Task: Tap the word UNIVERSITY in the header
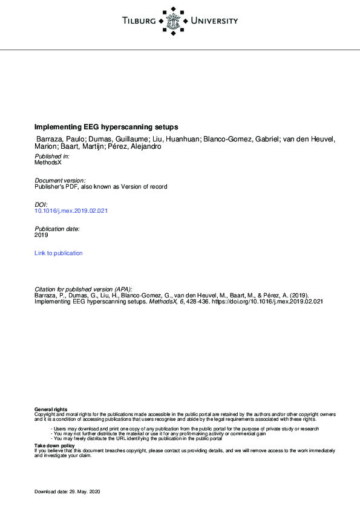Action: point(214,22)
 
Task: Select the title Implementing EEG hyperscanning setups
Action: point(106,128)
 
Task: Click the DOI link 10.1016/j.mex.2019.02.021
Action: point(71,211)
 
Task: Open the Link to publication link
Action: point(59,253)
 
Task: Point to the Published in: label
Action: point(52,156)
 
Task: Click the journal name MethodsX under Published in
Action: point(48,163)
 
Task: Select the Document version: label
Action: point(60,180)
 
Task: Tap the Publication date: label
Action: point(57,229)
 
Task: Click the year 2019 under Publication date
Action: point(41,235)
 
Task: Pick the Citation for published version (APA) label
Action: point(83,289)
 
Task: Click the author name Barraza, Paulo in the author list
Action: point(61,139)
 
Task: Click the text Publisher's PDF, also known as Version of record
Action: point(100,187)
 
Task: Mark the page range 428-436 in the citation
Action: point(197,301)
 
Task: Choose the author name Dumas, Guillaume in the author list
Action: point(116,139)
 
